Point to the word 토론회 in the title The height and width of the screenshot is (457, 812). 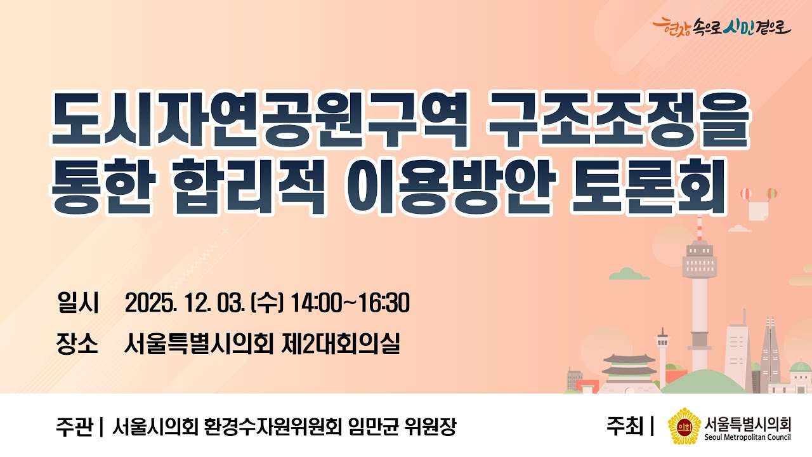(648, 189)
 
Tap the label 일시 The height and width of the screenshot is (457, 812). (77, 303)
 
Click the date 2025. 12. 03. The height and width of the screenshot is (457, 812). (185, 303)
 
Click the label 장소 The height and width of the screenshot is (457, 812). (77, 344)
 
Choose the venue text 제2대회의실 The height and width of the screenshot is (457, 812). (343, 344)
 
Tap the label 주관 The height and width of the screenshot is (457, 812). (73, 426)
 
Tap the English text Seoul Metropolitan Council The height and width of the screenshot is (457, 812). (747, 437)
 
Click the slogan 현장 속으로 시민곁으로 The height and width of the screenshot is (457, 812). (722, 27)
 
